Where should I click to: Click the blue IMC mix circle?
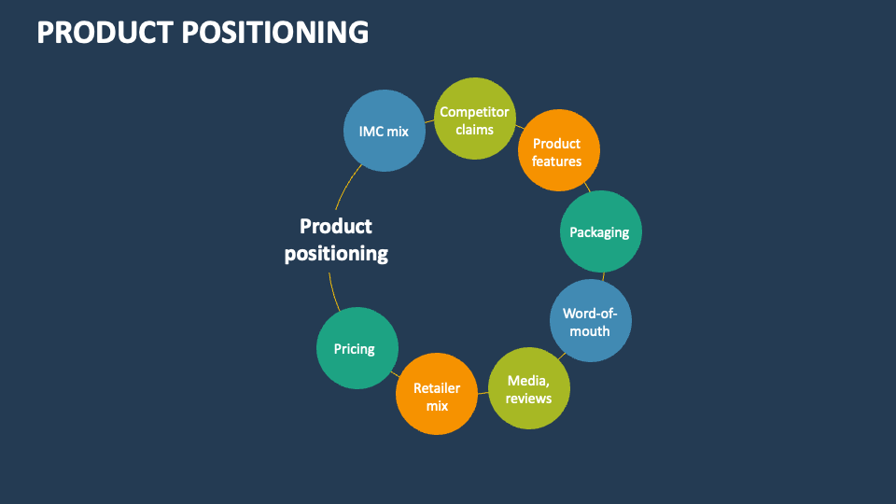tap(384, 131)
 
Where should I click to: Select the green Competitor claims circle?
tap(475, 119)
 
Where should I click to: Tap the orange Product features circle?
tap(557, 151)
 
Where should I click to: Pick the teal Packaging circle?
tap(599, 231)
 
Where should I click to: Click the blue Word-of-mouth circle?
tap(590, 321)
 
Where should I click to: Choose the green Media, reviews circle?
tap(529, 388)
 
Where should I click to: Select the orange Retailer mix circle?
tap(437, 394)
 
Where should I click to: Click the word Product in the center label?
tap(336, 226)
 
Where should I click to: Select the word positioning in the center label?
tap(336, 253)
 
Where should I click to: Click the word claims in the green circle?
tap(475, 129)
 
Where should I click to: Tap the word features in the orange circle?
tap(557, 161)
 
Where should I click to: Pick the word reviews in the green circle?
tap(529, 399)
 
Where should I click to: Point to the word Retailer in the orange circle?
tap(437, 387)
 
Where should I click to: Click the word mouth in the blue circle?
tap(590, 330)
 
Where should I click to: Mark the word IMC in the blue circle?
tap(371, 131)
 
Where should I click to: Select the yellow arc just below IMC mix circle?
tap(343, 187)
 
